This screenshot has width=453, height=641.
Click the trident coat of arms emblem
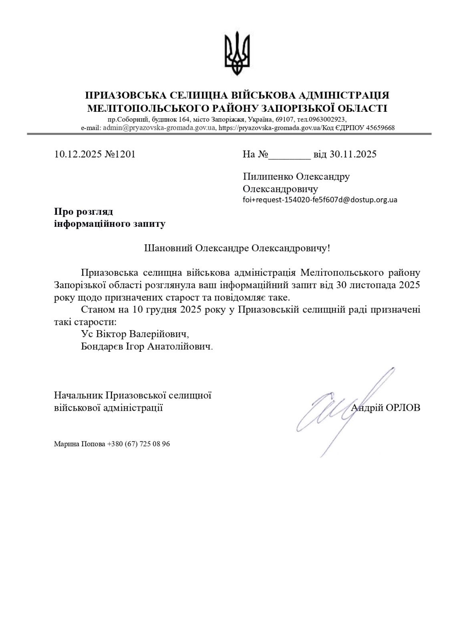coord(237,54)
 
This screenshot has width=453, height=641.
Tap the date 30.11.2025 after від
coord(353,154)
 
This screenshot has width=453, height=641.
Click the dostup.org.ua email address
coord(320,200)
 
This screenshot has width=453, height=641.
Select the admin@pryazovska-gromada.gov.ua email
coord(159,128)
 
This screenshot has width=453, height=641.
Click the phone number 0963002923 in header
coord(327,119)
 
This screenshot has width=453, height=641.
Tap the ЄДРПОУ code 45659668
coord(380,128)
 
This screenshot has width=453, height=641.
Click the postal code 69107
coord(286,119)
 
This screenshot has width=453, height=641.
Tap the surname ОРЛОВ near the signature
coord(403,408)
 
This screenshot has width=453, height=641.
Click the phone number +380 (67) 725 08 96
coord(139,444)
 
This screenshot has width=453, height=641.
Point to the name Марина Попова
coord(80,444)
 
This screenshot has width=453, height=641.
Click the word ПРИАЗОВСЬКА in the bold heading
coord(127,95)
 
